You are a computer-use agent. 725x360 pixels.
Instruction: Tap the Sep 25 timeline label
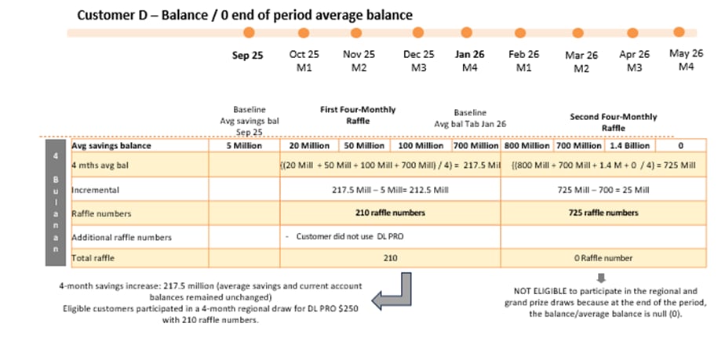click(x=248, y=56)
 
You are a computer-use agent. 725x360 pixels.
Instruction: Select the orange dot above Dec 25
click(x=417, y=32)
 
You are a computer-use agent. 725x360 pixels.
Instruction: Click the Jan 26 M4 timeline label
click(x=469, y=61)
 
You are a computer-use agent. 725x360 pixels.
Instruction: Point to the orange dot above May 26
click(x=679, y=31)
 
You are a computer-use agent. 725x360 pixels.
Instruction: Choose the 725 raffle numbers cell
click(x=602, y=213)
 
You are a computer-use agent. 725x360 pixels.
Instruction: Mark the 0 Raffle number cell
click(x=602, y=258)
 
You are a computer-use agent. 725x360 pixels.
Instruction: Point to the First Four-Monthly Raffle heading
click(x=357, y=115)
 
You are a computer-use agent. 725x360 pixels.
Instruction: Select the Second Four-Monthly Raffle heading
click(x=613, y=122)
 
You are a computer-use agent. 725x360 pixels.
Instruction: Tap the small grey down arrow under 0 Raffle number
click(x=601, y=276)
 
